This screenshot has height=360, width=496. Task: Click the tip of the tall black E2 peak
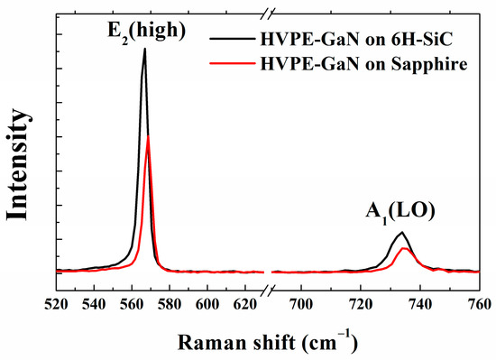[144, 50]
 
